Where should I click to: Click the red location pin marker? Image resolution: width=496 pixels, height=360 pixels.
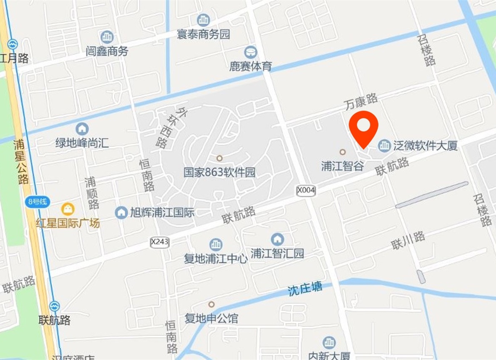coord(364,127)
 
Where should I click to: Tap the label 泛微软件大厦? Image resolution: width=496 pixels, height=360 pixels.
coord(425,146)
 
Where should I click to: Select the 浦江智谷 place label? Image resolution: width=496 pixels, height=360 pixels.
coord(342,166)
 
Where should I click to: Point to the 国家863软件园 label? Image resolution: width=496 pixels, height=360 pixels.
coord(219,172)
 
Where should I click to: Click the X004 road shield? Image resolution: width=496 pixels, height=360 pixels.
coord(306,190)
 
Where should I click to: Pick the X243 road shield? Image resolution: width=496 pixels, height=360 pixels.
coord(160,242)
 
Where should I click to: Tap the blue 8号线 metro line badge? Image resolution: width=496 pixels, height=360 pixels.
coord(37,202)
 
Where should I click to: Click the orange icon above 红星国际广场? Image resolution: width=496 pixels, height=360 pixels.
coord(68,208)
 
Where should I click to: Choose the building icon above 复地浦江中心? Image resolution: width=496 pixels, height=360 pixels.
coord(216,244)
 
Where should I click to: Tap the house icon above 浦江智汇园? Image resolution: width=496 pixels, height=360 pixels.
coord(277,239)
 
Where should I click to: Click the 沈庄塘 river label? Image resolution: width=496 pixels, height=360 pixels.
coord(305,289)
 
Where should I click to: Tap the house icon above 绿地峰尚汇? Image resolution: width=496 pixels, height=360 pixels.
coord(82,128)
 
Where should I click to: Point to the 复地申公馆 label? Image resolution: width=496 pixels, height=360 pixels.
coord(211,318)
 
